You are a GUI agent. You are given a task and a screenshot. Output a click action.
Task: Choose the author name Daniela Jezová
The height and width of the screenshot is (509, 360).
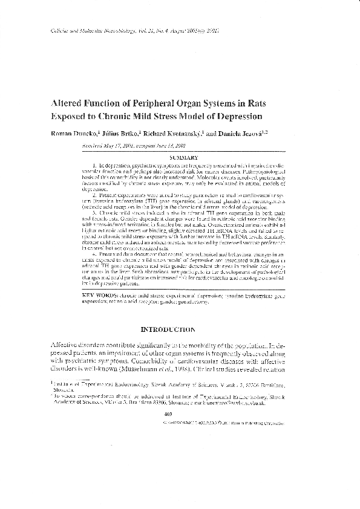(x=259, y=132)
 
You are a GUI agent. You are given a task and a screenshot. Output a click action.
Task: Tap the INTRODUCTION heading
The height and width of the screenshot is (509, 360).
(x=168, y=329)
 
